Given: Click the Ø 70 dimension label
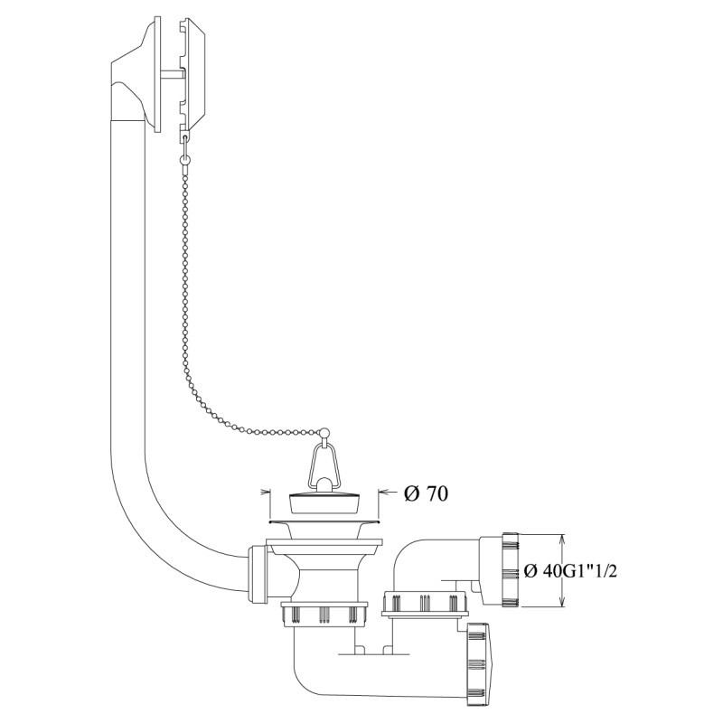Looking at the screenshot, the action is [426, 493].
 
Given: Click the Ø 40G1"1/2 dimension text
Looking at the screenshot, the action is [571, 571].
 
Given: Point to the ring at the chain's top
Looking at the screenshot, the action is [184, 160].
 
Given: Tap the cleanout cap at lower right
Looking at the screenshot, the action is [481, 662].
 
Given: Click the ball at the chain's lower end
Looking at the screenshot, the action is [325, 433].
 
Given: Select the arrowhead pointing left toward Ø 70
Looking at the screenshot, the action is [383, 493].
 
